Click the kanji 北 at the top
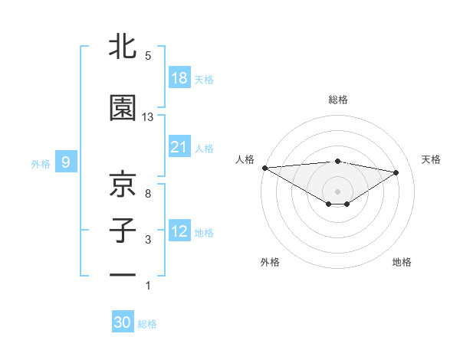123,47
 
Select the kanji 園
123,109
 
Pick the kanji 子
123,231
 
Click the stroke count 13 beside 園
148,117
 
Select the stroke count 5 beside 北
148,56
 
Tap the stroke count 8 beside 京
148,193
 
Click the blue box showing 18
179,78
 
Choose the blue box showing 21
179,147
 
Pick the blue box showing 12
179,231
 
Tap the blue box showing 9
66,162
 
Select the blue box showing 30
123,322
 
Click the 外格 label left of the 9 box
40,162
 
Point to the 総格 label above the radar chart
338,100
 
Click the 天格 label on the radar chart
432,159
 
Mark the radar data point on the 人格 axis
264,167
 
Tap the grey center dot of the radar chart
337,191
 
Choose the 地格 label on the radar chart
402,263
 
